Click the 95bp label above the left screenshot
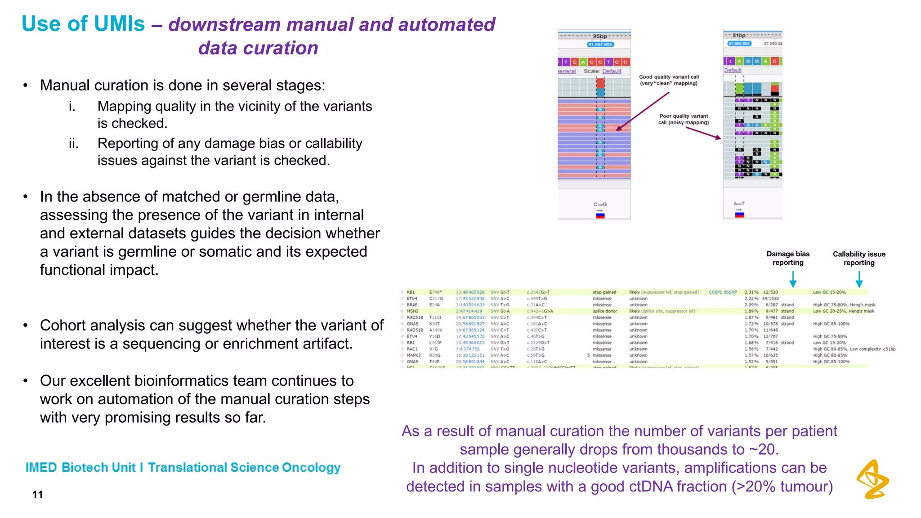coord(599,36)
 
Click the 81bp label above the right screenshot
coord(739,35)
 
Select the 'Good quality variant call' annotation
coord(669,80)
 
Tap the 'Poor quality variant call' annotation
coord(684,119)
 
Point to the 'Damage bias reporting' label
coord(788,258)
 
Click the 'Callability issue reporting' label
coord(859,258)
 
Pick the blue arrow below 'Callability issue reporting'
coord(859,280)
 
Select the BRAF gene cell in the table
coord(412,305)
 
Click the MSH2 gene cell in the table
coord(412,311)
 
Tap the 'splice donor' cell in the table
coord(605,311)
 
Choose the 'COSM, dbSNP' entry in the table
coord(723,292)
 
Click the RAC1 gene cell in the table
coord(412,349)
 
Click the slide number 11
coord(38,495)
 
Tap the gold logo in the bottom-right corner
coord(873,479)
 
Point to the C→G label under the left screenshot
coord(600,204)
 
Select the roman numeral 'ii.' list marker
coord(74,143)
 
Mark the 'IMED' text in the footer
coord(41,468)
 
